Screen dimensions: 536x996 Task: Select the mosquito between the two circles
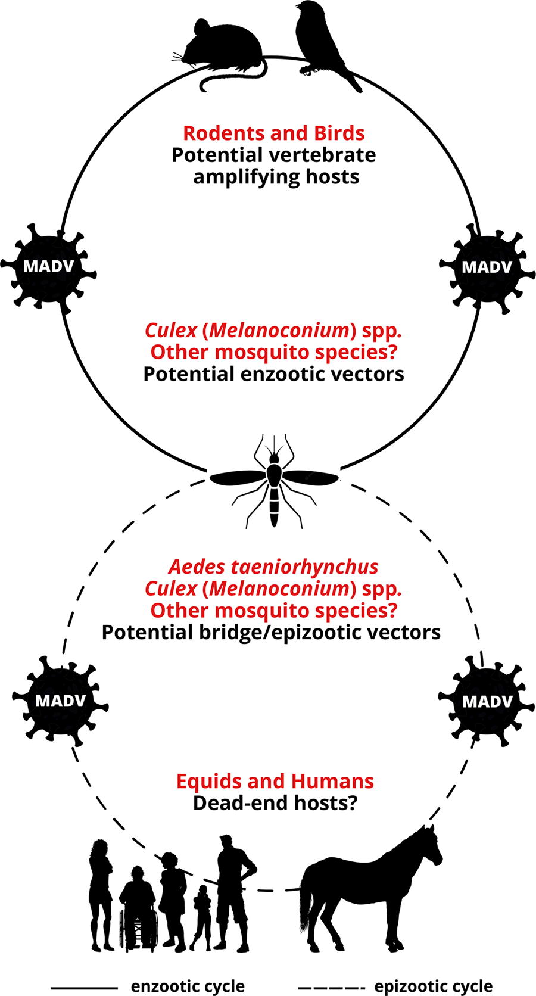click(274, 480)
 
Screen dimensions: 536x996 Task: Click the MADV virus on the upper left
click(48, 267)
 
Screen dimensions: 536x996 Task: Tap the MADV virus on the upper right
click(487, 267)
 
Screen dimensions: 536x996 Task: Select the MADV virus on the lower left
click(60, 701)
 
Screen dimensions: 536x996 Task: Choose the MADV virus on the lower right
click(487, 701)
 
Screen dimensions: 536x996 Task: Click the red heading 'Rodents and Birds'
click(274, 133)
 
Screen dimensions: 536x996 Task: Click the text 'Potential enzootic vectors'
click(274, 374)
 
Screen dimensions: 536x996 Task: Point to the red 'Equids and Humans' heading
click(275, 781)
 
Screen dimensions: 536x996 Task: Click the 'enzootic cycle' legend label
click(188, 986)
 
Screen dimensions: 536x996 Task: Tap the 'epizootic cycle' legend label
click(434, 986)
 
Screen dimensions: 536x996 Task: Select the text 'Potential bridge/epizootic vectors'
click(271, 632)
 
